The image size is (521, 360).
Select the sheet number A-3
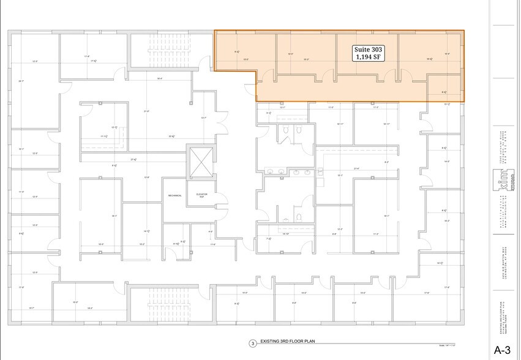(x=503, y=350)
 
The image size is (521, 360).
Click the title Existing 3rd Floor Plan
(x=287, y=343)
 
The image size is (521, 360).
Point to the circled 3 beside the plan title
(x=252, y=344)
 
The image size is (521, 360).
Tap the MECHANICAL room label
(x=175, y=196)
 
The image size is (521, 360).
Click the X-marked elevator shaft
(x=201, y=162)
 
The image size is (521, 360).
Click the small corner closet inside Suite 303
(x=444, y=88)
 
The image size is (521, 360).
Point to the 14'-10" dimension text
(x=285, y=234)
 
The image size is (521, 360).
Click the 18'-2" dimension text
(x=90, y=308)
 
